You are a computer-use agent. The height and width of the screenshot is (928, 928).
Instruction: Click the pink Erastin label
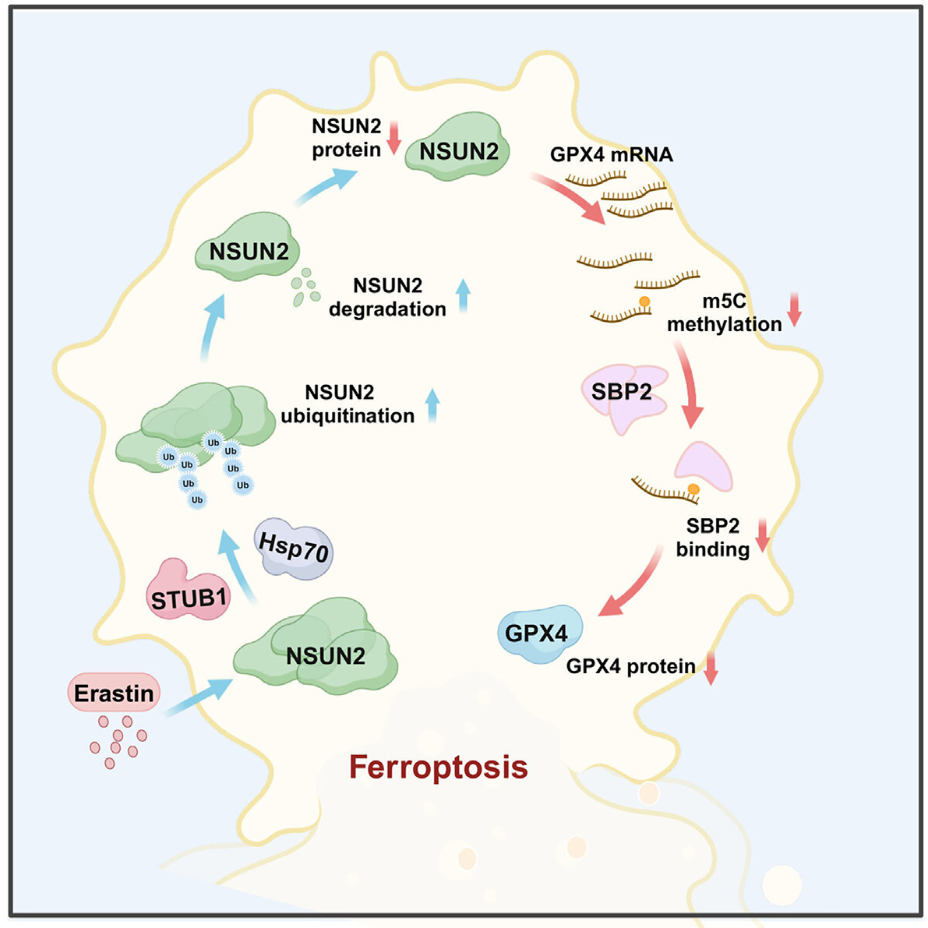(x=114, y=693)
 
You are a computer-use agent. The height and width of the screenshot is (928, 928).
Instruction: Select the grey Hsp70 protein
(x=293, y=550)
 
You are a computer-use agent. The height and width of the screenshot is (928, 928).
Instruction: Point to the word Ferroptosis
(x=439, y=767)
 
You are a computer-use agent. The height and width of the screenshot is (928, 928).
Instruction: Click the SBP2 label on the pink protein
(x=621, y=391)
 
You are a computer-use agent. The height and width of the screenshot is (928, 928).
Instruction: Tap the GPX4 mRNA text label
(x=611, y=154)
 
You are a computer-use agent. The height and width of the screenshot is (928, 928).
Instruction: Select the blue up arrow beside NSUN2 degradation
(x=464, y=296)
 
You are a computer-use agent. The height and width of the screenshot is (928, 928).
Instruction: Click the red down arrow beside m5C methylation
(x=795, y=309)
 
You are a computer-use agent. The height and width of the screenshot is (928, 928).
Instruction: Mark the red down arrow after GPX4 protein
(x=710, y=669)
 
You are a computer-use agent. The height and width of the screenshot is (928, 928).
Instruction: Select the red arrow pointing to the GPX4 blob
(x=631, y=584)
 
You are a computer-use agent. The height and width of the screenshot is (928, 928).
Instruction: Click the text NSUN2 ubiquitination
(x=348, y=404)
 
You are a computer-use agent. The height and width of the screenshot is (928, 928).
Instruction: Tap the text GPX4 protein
(x=630, y=666)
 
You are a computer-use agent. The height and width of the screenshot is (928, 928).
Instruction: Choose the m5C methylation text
(x=724, y=312)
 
